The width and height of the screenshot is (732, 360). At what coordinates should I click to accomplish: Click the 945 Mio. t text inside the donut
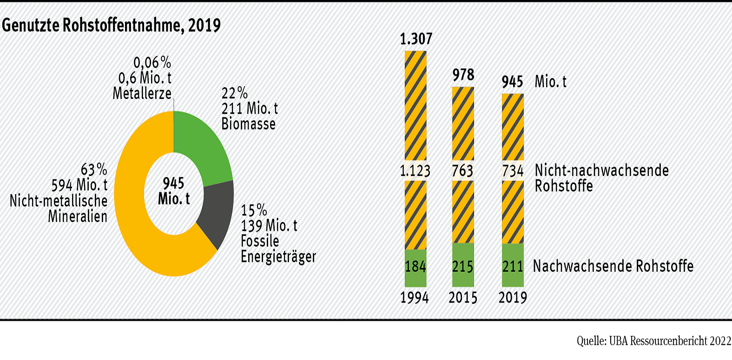pos(174,191)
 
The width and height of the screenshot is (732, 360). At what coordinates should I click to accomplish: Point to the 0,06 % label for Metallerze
pos(152,63)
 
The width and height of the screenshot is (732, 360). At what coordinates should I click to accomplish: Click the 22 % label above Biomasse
pos(234,93)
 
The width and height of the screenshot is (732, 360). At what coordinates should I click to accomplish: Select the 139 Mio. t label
pos(269,226)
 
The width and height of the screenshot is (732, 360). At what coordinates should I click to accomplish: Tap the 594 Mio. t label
pos(79,185)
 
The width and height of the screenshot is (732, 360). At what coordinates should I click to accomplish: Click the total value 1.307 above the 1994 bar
pos(416,39)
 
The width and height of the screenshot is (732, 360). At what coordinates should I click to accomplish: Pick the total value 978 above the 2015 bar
pos(463,75)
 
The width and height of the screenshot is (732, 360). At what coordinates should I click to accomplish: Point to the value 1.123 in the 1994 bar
pos(415,171)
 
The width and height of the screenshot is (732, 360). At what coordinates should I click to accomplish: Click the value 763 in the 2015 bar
pos(463,171)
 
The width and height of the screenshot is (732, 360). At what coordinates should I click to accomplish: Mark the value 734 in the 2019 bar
pos(513,171)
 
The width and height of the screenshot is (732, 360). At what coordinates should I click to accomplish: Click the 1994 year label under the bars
pos(415,298)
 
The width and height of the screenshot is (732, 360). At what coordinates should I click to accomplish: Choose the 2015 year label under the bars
pos(463,298)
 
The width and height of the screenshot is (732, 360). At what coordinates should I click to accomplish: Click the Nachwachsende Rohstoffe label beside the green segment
pos(613,266)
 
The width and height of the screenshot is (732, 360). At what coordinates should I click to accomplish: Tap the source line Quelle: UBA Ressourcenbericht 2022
pos(654,341)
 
